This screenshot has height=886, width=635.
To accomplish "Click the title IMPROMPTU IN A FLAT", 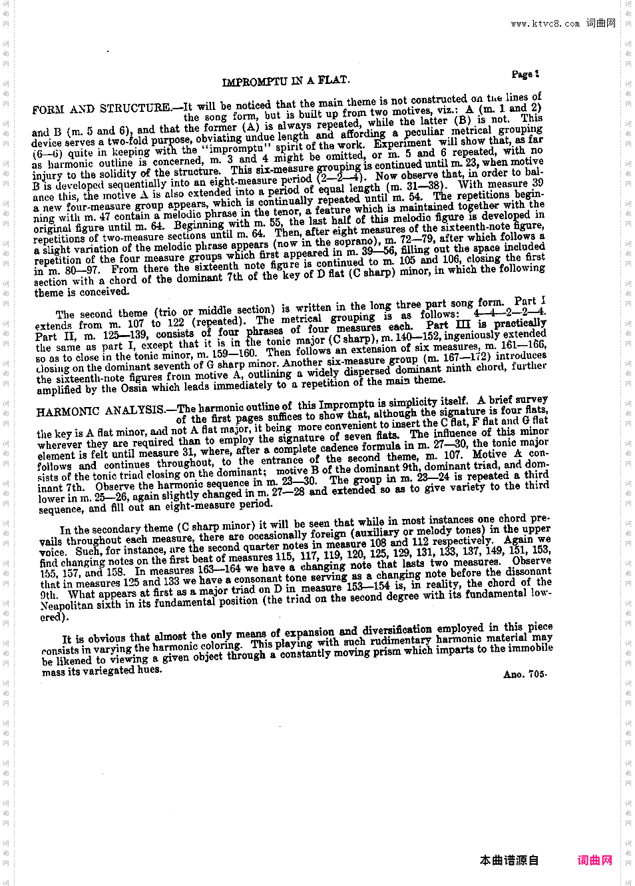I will pyautogui.click(x=286, y=81).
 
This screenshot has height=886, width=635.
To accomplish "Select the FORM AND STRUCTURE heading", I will pyautogui.click(x=101, y=109).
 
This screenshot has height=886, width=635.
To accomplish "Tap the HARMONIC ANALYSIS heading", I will pyautogui.click(x=100, y=410).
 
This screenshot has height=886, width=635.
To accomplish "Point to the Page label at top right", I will pyautogui.click(x=525, y=74).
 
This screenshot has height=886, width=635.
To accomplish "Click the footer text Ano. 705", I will pyautogui.click(x=525, y=674).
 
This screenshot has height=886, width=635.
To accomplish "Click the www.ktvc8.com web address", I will pyautogui.click(x=545, y=24).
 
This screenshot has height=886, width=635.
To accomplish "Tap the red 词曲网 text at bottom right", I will pyautogui.click(x=594, y=860).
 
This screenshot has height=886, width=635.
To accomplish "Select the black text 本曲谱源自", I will pyautogui.click(x=509, y=860).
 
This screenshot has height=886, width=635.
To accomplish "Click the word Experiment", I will pyautogui.click(x=402, y=143).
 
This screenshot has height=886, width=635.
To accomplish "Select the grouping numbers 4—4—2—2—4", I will pyautogui.click(x=509, y=312).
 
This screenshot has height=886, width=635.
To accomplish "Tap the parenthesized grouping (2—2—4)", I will pyautogui.click(x=341, y=178).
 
